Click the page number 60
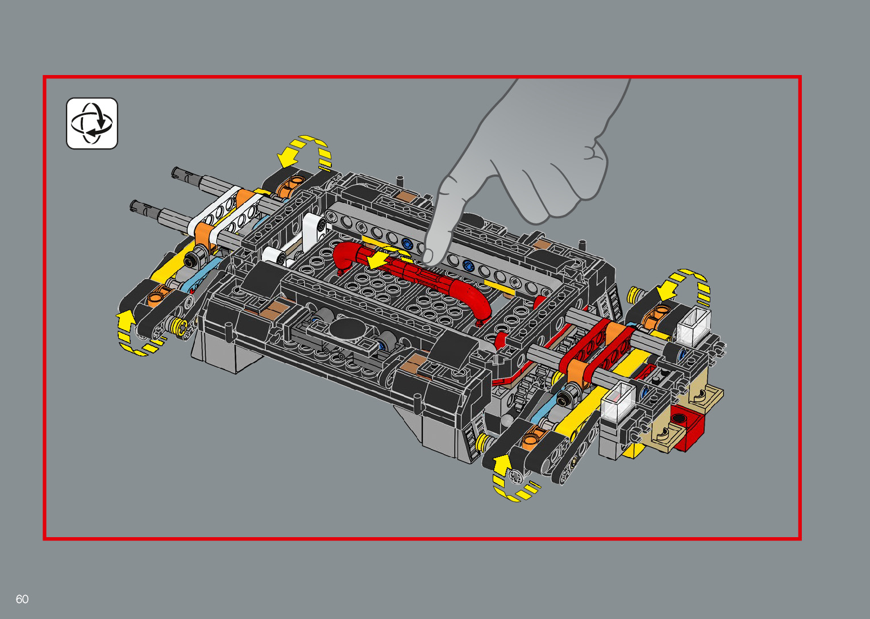[22, 599]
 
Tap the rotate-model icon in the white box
[92, 123]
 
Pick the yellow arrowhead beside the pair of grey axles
[289, 157]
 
